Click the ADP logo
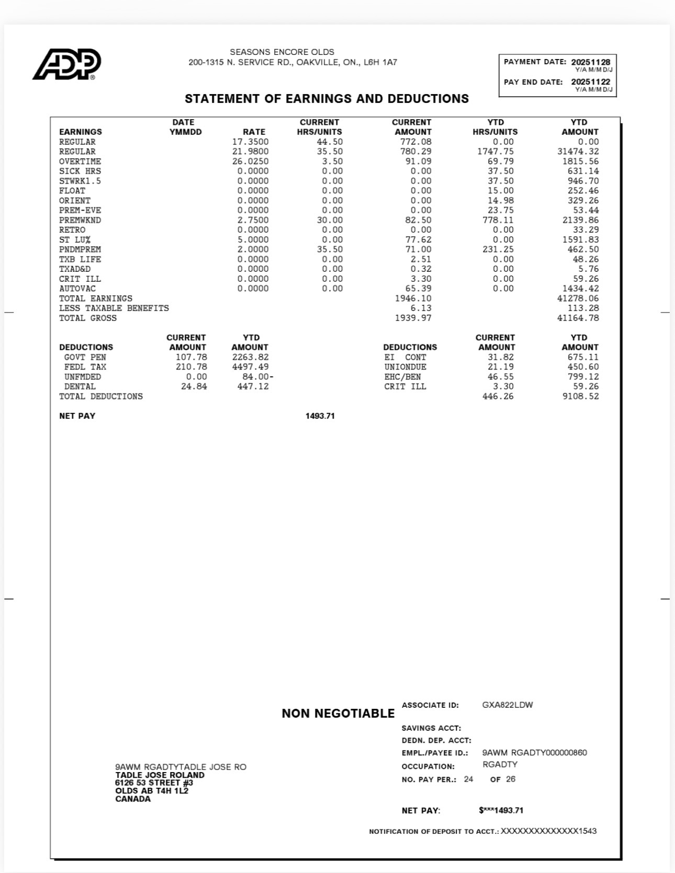(66, 64)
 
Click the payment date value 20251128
(590, 62)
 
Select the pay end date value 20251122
(590, 82)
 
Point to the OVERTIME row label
(80, 162)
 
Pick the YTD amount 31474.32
(578, 152)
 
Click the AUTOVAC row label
(77, 289)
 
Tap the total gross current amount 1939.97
(413, 318)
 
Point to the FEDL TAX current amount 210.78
(191, 367)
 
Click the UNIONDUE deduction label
(405, 367)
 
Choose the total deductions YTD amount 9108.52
(580, 396)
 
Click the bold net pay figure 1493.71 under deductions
(320, 416)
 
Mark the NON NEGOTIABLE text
(338, 714)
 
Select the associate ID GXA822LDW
(507, 705)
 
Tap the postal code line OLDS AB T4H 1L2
(152, 790)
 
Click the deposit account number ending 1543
(548, 831)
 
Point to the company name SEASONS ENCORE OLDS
(282, 52)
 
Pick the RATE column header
(254, 132)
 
